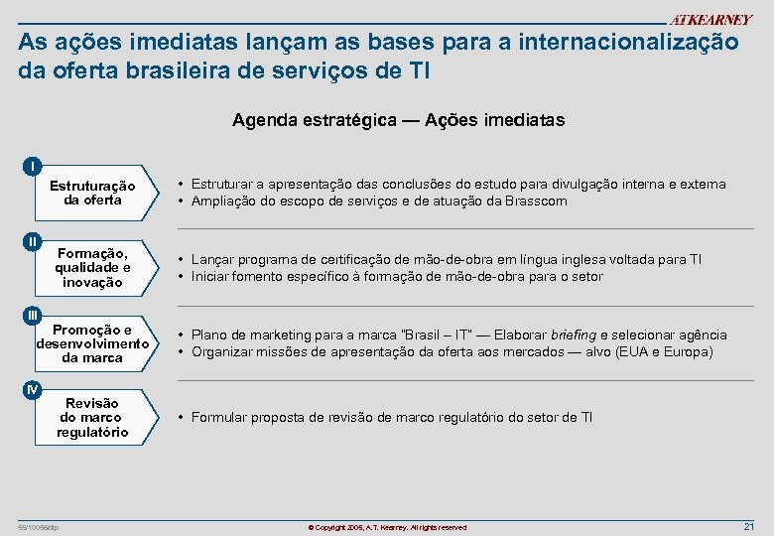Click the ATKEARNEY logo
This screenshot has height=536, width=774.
710,21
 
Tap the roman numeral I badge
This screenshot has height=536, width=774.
34,165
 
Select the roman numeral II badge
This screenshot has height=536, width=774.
34,241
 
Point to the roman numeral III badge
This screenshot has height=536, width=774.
34,315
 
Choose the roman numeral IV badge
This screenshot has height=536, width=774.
34,390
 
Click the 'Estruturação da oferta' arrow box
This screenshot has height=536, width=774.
93,193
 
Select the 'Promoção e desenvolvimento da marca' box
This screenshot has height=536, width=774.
93,343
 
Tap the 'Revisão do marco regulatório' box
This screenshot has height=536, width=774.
93,418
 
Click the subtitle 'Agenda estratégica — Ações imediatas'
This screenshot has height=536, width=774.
398,120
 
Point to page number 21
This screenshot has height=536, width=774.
749,526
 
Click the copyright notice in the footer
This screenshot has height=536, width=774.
387,527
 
